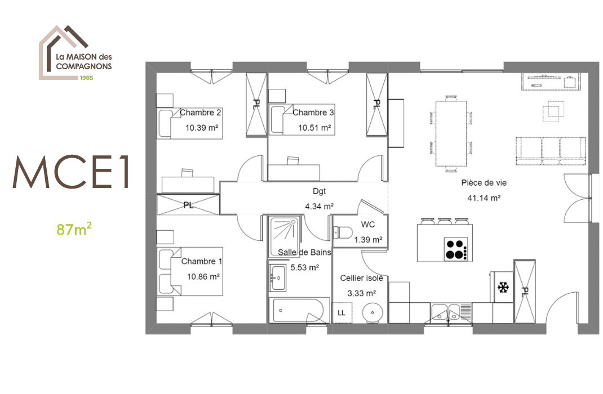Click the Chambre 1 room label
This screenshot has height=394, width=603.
[202, 262]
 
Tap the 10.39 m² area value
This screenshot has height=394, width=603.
[202, 128]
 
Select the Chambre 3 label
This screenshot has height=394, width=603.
[313, 113]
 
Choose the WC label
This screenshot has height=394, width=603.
[368, 225]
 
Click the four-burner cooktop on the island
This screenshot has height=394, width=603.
[456, 249]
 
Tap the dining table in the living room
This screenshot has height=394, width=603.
[451, 133]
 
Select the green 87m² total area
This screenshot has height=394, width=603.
[74, 229]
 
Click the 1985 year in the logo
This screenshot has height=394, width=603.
[86, 77]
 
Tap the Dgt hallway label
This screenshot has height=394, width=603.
[320, 191]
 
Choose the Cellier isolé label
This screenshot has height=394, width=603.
[362, 278]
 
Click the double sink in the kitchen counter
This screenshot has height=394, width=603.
[445, 313]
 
